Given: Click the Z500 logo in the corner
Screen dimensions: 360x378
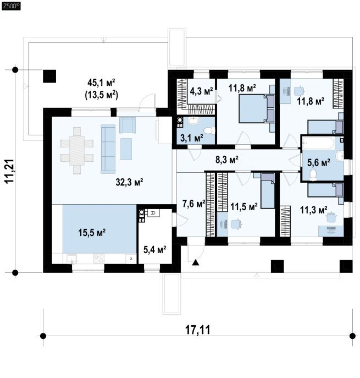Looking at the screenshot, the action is [x=11, y=7].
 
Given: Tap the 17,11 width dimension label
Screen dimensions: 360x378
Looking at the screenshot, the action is [x=197, y=330].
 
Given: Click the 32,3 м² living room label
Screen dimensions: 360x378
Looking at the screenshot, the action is [x=130, y=182].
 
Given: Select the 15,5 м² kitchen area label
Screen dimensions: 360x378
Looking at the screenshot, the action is [x=92, y=232].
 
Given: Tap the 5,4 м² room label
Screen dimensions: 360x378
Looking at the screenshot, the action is [x=155, y=250].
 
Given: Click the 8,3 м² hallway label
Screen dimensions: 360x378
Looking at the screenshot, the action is [x=227, y=160].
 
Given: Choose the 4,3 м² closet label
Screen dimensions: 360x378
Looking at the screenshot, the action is [x=201, y=91].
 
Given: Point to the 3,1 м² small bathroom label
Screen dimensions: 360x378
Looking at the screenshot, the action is [x=192, y=138].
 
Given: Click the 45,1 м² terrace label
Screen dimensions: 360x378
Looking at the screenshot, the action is [x=101, y=83].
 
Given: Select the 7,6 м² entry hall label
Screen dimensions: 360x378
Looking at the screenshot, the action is [x=193, y=204].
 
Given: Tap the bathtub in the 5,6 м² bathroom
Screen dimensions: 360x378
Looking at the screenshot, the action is [x=319, y=143].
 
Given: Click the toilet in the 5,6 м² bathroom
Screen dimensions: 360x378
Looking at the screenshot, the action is [x=313, y=175].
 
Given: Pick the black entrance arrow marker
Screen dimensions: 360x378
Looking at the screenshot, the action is [x=196, y=262].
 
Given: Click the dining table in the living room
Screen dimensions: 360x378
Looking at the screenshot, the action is [x=77, y=151].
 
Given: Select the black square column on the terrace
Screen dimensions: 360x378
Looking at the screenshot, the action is [x=49, y=76].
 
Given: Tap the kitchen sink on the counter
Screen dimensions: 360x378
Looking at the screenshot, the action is [x=72, y=259].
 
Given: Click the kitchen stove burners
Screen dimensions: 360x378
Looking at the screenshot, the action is [x=99, y=259].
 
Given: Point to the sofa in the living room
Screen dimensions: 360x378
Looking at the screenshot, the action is [x=108, y=149].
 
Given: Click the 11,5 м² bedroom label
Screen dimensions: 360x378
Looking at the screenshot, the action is [x=244, y=206].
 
